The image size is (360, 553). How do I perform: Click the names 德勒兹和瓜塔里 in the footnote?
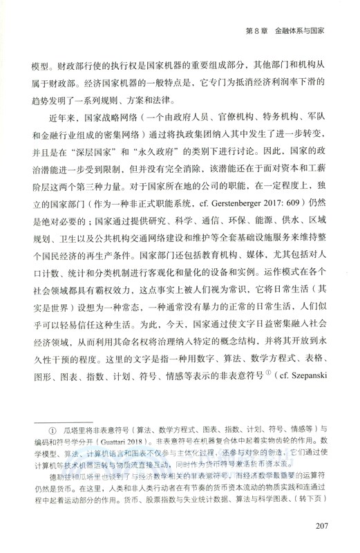[66, 477]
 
